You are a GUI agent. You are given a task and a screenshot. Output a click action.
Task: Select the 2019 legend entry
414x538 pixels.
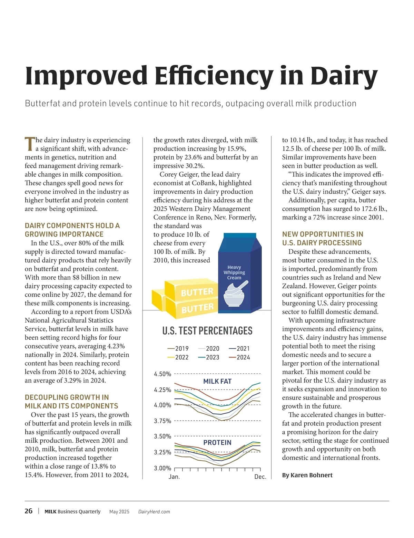[178, 349]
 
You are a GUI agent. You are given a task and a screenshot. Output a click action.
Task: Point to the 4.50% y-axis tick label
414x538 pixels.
[162, 374]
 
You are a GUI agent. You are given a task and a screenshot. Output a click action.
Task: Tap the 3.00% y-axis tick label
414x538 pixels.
[162, 468]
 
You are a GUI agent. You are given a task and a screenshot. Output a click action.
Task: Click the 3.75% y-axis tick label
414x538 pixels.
[162, 421]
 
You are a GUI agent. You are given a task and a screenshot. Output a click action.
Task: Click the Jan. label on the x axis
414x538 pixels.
[174, 477]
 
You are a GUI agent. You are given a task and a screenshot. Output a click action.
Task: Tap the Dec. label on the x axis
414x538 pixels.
[260, 477]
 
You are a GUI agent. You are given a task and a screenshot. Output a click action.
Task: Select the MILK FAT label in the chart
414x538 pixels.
[217, 381]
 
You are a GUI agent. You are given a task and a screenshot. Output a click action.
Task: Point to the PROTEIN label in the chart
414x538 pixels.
[217, 443]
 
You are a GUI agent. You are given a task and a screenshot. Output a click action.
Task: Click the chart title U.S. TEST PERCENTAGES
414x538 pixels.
[207, 331]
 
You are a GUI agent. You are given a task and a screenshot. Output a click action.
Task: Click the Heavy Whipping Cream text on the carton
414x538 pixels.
[234, 272]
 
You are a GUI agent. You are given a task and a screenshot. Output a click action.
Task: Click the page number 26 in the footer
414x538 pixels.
[29, 511]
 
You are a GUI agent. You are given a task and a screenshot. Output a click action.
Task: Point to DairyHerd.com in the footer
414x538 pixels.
[154, 512]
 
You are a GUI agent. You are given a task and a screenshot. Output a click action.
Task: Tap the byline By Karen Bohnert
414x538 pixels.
[307, 475]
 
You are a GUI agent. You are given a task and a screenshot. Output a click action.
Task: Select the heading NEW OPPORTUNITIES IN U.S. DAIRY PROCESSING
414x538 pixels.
[322, 239]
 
